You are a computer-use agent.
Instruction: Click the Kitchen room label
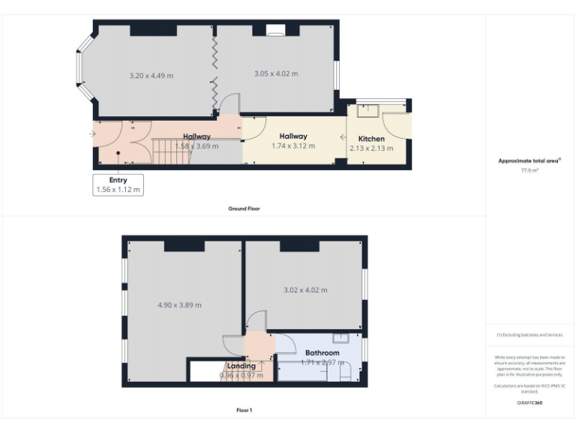tap(371, 139)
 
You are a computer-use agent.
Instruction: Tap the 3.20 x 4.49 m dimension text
tap(151, 75)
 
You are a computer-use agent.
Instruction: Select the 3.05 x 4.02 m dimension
tap(275, 73)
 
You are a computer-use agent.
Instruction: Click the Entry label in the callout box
tap(118, 180)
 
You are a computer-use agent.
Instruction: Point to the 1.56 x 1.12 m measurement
tap(118, 190)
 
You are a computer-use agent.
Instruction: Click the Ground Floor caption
tap(244, 208)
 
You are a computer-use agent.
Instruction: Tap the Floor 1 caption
tap(244, 410)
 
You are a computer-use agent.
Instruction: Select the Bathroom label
tap(322, 352)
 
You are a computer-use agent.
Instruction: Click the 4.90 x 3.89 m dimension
tap(180, 305)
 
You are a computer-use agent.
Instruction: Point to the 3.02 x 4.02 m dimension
tap(305, 290)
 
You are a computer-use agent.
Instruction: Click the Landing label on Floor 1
tap(241, 366)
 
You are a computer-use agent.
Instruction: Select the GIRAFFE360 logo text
tap(529, 403)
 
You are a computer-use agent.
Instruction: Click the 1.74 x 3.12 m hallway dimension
tap(293, 145)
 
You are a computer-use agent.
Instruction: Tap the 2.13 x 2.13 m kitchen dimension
tap(371, 148)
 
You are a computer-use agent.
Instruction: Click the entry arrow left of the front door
tap(91, 134)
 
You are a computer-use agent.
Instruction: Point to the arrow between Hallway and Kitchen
tap(343, 137)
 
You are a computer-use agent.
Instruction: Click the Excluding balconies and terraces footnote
tap(529, 334)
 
